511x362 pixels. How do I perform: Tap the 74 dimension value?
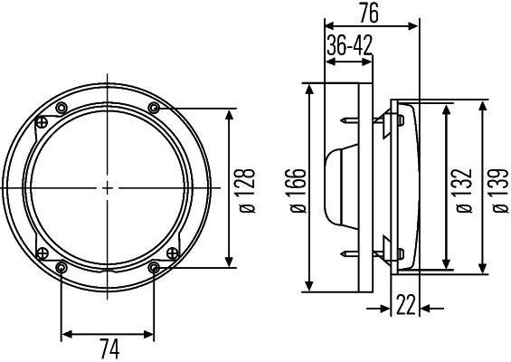point(108,348)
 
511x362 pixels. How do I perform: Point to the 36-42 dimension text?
point(349,46)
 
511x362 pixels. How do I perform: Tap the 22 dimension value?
point(405,306)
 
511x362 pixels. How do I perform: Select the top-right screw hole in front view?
point(154,109)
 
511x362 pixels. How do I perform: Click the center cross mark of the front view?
point(108,188)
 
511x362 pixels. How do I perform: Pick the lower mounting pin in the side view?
point(351,255)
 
